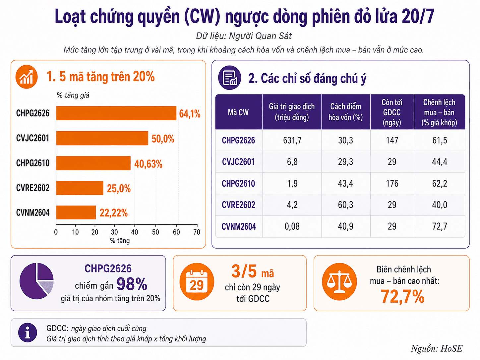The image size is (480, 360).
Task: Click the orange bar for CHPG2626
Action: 116,113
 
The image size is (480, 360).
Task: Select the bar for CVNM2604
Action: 76,212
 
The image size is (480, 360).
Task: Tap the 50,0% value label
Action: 163,139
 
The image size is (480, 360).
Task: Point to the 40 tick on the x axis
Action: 135,232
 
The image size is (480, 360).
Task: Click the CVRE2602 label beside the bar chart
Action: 33,188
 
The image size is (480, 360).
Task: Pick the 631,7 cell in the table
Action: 292,140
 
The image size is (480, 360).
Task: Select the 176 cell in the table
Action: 392,183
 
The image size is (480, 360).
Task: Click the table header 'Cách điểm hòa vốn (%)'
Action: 345,112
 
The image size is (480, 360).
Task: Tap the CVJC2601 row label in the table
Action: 238,162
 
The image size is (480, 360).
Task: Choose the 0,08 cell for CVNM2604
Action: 292,226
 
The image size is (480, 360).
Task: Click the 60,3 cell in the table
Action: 345,205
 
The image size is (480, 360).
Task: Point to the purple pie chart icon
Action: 36,281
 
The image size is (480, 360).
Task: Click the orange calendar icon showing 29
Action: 197,281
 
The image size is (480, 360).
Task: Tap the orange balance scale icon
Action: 339,281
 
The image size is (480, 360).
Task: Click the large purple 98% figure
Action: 132,284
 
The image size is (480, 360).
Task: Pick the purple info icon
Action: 28,332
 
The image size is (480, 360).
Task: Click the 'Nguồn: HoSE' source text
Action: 437,348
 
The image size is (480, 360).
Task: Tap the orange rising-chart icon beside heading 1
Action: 27,77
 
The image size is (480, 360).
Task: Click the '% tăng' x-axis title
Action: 120,241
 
